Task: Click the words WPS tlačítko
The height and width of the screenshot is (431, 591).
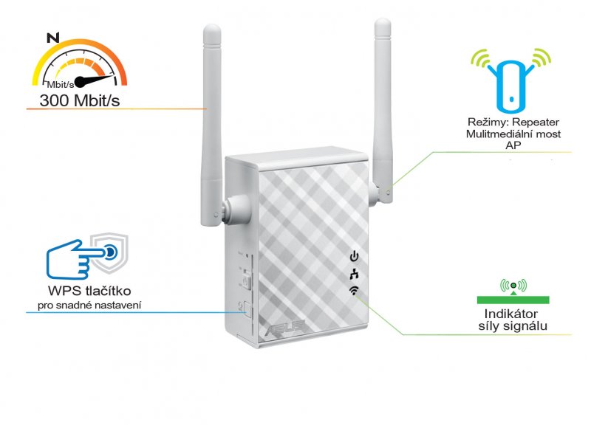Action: click(89, 290)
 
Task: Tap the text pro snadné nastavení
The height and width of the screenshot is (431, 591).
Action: click(90, 306)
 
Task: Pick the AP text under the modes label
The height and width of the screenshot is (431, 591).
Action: click(512, 146)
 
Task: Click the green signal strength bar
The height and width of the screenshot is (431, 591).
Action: click(513, 300)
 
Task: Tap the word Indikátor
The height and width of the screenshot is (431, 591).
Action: click(512, 313)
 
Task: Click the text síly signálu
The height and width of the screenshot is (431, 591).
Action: click(512, 326)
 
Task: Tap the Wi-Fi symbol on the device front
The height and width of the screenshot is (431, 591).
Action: click(354, 291)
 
